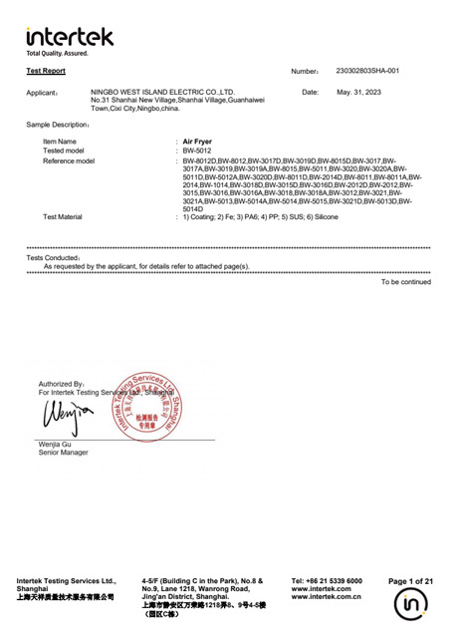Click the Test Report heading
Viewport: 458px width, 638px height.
click(46, 72)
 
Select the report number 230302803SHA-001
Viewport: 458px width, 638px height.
click(366, 72)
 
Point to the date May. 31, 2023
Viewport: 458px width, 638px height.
click(358, 92)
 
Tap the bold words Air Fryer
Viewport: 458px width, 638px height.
click(198, 142)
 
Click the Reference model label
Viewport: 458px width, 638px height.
click(69, 160)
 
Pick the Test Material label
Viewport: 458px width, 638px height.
click(63, 216)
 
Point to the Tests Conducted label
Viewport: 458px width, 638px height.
click(53, 258)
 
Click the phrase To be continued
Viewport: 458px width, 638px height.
click(405, 282)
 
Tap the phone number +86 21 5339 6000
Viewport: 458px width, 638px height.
click(327, 580)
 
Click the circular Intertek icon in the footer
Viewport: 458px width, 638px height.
click(410, 606)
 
